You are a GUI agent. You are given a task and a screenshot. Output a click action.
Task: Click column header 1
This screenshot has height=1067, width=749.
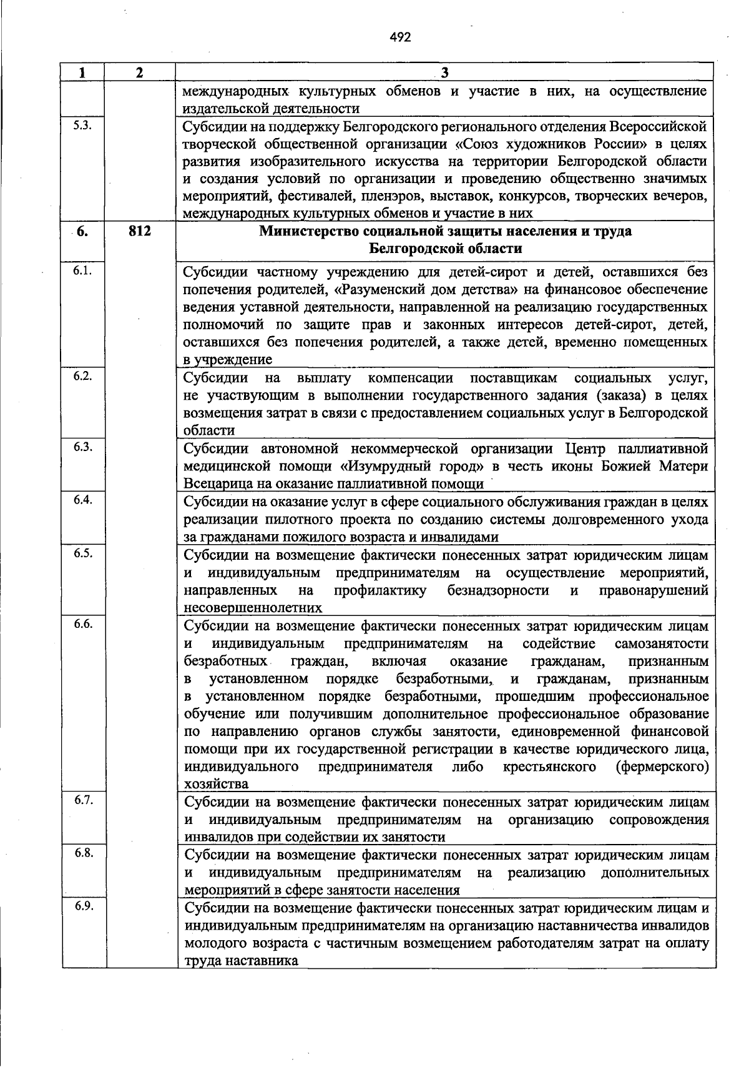coord(82,72)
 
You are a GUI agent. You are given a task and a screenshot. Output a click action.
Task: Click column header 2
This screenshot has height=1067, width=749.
coord(140,72)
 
